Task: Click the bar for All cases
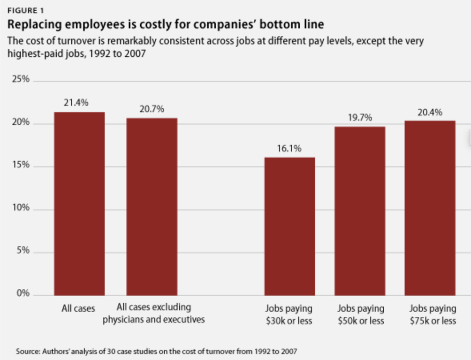pos(79,204)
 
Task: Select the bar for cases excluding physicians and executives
pos(152,207)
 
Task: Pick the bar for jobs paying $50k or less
pos(360,211)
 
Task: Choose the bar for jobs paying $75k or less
pos(430,208)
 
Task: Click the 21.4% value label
pos(76,103)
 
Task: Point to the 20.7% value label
pos(152,109)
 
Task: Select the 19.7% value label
pos(360,118)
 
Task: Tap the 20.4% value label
pos(430,112)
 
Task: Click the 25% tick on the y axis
pos(21,80)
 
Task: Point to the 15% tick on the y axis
pos(21,165)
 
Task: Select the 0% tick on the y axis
pos(23,294)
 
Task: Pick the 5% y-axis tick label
pos(23,251)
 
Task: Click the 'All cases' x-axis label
pos(78,308)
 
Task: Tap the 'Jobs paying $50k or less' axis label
pos(360,315)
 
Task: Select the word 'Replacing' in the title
pos(32,23)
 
